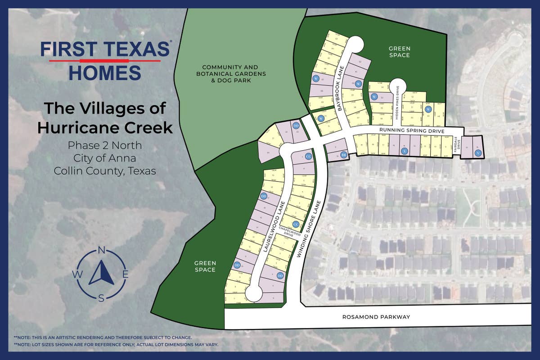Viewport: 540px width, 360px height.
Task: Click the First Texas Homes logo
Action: [105, 60]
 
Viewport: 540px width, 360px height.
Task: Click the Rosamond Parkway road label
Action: [376, 317]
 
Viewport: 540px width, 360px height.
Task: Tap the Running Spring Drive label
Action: [412, 130]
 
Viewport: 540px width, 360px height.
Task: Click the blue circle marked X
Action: [404, 152]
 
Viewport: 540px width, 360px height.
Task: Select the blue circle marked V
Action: [478, 153]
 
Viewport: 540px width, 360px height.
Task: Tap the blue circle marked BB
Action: [343, 154]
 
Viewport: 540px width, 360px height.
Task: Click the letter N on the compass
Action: [102, 251]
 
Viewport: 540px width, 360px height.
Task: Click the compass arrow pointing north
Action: [101, 272]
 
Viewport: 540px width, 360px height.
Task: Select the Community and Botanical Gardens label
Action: [234, 73]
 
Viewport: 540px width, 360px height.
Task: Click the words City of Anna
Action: [105, 158]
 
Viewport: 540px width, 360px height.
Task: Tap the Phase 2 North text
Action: [105, 145]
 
